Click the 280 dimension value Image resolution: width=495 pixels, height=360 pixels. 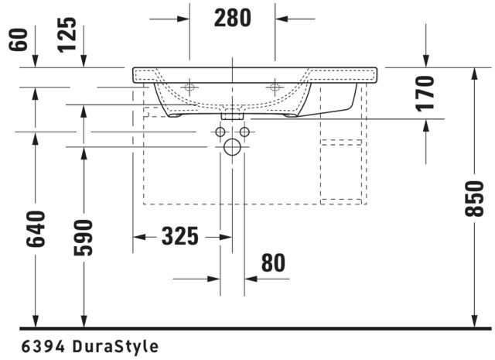(x=233, y=18)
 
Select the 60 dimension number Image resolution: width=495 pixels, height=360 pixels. (x=18, y=39)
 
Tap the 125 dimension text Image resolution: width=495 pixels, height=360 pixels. (x=67, y=35)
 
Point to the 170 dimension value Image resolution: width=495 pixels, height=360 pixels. (x=425, y=94)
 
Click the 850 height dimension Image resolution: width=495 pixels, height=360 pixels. (x=474, y=198)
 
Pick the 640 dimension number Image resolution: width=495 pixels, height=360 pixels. (x=36, y=229)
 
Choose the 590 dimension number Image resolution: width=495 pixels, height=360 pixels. (x=84, y=238)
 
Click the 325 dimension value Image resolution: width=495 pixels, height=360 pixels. (x=180, y=236)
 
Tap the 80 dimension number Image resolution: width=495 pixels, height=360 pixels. (x=273, y=263)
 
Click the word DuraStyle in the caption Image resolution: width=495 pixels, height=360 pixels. (x=115, y=346)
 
